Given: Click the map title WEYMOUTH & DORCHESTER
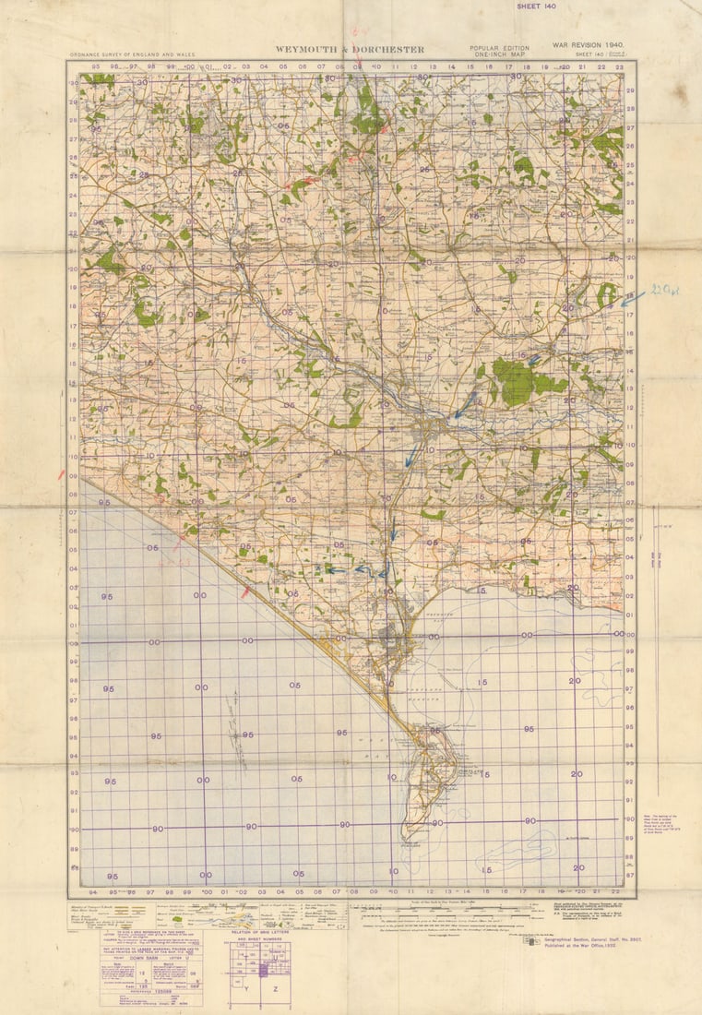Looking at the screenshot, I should point(350,50).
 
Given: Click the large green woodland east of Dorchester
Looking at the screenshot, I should point(514,380).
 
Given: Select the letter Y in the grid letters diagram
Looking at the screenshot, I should point(247,986).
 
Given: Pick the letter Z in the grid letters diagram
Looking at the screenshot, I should point(275,986).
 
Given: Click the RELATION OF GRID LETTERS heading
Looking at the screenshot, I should point(259,934).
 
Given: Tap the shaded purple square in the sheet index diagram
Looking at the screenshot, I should point(263,970).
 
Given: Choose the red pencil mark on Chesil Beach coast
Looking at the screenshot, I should point(244,591).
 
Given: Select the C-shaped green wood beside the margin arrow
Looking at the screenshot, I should point(605,295).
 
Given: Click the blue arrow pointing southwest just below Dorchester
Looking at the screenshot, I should point(410,457).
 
